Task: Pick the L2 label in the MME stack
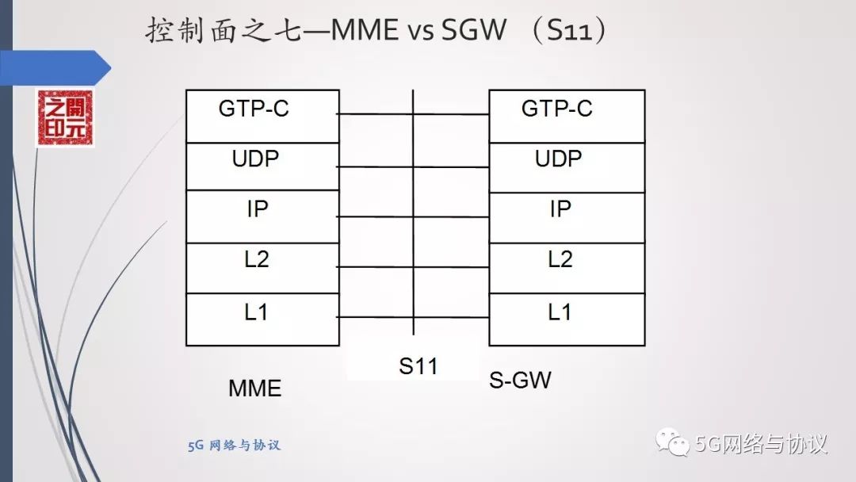(x=257, y=259)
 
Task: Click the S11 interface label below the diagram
(x=418, y=366)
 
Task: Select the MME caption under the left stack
(x=255, y=388)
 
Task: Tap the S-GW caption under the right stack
(x=520, y=380)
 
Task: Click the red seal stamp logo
(x=63, y=118)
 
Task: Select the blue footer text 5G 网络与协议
(x=235, y=446)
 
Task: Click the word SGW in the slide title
(x=469, y=31)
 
